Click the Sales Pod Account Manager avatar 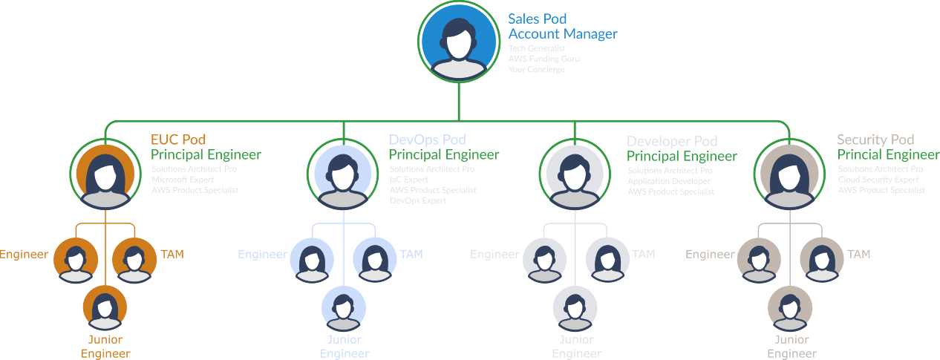pos(458,42)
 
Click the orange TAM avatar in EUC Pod pos(134,261)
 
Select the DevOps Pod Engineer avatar pos(312,261)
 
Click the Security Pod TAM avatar pos(821,261)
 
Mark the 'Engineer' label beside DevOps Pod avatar pos(262,255)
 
